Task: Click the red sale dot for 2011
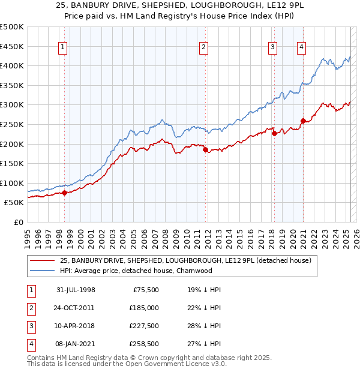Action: pos(205,150)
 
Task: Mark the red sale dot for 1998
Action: pos(65,193)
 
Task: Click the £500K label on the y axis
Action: pos(12,27)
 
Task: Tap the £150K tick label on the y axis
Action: pos(12,163)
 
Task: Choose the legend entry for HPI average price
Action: pos(136,271)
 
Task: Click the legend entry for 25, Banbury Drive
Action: pos(185,261)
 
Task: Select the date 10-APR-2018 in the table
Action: pos(76,326)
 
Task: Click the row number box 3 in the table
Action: pos(29,326)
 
